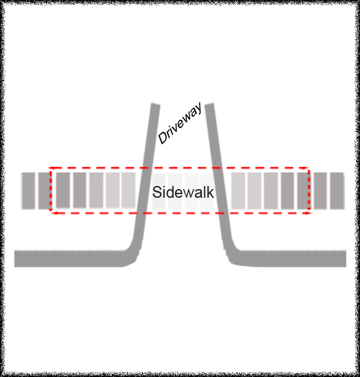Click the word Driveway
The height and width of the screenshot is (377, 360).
(180, 123)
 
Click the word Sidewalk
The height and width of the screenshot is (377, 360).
(183, 192)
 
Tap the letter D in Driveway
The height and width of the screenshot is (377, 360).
(163, 138)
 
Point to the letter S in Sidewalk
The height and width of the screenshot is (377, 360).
(157, 192)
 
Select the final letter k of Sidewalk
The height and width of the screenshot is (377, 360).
(210, 192)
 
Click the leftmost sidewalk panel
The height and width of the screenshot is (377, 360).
(29, 190)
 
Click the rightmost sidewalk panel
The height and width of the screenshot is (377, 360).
(337, 190)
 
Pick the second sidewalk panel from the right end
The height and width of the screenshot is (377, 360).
(320, 190)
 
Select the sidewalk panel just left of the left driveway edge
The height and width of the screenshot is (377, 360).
(128, 190)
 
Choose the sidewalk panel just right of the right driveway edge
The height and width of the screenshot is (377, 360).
(238, 190)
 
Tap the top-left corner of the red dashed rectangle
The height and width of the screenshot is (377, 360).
(50, 167)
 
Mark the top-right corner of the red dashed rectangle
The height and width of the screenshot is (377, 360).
(308, 167)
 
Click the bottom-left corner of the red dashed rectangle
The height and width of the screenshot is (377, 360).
(51, 213)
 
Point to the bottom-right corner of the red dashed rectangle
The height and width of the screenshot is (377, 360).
(309, 213)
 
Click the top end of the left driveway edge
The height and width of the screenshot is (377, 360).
(155, 104)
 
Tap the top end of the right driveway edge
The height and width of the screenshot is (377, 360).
(209, 104)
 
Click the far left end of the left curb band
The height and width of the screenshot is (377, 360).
(15, 259)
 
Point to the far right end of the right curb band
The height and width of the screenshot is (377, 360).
(346, 259)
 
